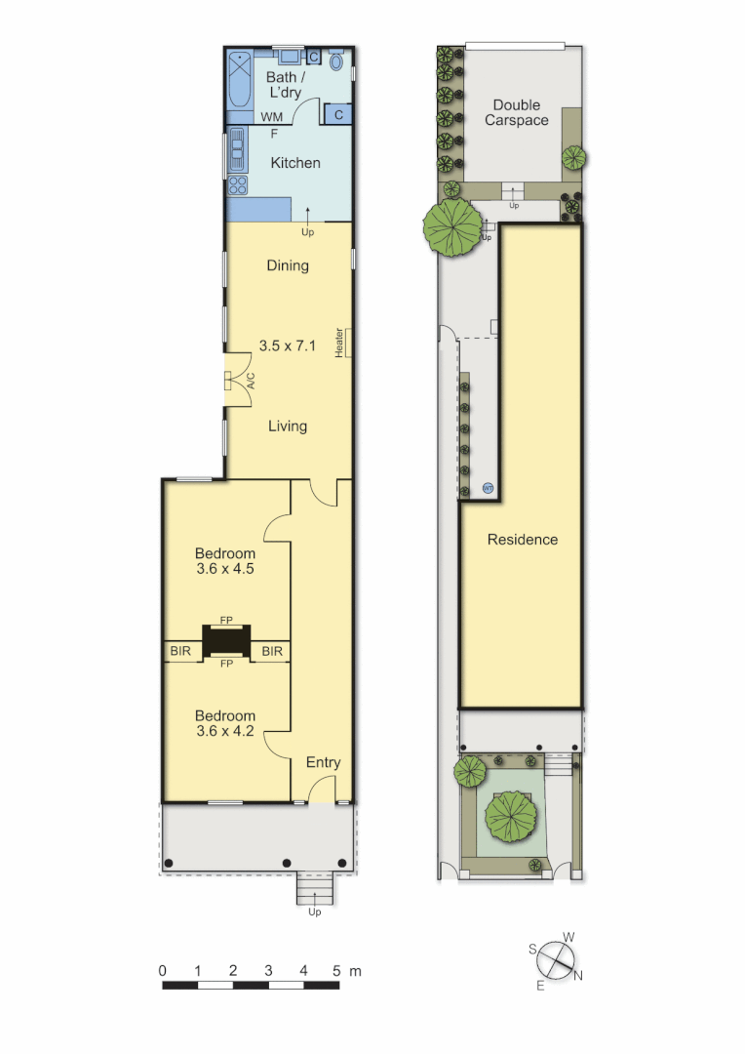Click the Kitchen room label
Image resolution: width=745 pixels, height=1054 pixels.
tap(294, 163)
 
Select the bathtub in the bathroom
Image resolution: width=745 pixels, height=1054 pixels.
tap(240, 82)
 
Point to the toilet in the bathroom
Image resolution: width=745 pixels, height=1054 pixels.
tap(336, 62)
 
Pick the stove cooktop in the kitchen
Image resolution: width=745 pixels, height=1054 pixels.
tap(237, 185)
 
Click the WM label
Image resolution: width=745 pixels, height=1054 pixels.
tap(271, 117)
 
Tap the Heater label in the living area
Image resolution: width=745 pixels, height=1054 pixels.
tap(340, 342)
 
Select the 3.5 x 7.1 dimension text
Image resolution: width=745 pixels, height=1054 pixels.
tap(288, 345)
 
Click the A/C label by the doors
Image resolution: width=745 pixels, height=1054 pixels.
tap(249, 380)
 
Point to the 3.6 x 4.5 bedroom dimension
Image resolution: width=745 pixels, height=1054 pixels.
tap(225, 570)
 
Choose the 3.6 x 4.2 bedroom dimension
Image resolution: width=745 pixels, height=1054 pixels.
tap(225, 732)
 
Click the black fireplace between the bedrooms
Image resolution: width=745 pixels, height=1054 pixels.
tap(226, 641)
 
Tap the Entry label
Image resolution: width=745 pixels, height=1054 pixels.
tap(323, 762)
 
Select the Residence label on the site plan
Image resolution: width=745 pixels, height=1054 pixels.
tap(523, 540)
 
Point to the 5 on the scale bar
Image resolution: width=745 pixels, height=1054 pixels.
tap(337, 971)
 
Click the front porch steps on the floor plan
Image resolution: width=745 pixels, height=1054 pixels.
tap(314, 890)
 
